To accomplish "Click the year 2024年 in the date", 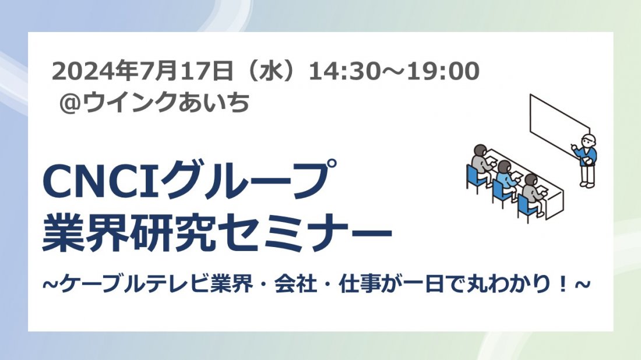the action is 94,71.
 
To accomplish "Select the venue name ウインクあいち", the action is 166,102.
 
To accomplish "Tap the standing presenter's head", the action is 589,140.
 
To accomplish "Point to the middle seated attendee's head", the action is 505,167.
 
